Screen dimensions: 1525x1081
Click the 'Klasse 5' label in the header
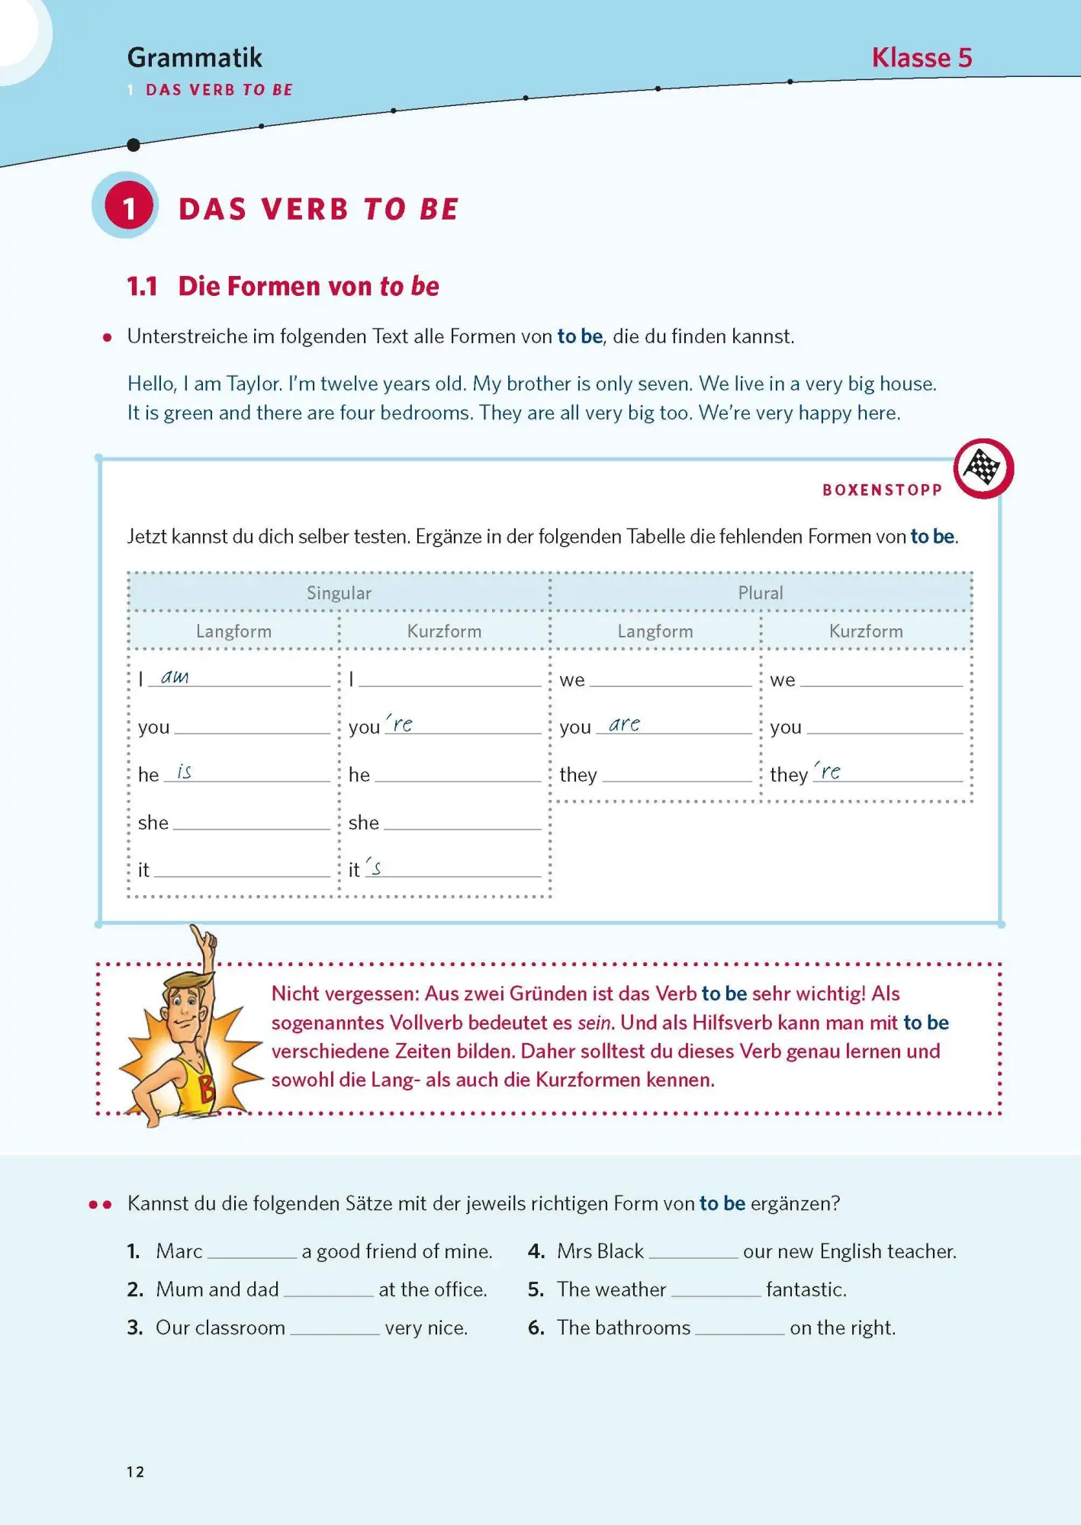pos(922,58)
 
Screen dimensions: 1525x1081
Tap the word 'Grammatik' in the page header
pos(195,58)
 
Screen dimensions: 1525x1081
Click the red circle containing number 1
pos(129,207)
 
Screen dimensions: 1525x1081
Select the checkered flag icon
pos(983,467)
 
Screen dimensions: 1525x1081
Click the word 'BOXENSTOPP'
pos(882,490)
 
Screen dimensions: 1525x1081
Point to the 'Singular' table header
pos(339,592)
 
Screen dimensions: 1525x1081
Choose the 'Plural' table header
pos(760,592)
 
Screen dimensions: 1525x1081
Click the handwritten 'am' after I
pos(175,677)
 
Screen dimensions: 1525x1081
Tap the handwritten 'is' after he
pos(184,772)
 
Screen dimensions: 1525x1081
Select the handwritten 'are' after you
pos(624,724)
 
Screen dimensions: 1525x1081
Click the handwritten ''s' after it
pos(374,867)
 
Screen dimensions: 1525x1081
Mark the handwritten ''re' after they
pos(828,772)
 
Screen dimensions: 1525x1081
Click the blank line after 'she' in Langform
pos(252,823)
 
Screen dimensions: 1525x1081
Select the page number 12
pos(136,1472)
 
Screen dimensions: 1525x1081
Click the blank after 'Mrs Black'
pos(693,1252)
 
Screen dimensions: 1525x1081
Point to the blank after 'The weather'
pos(716,1290)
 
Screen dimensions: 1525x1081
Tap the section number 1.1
pos(143,287)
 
